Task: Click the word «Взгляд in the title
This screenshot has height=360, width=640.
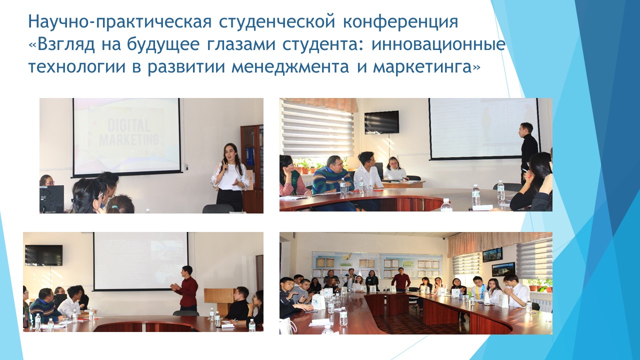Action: point(61,44)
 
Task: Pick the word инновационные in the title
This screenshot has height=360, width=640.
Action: point(438,44)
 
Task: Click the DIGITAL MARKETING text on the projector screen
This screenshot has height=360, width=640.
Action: point(128,133)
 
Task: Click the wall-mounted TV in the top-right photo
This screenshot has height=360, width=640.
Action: point(381,122)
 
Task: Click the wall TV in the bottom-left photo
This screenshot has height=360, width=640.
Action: point(43,255)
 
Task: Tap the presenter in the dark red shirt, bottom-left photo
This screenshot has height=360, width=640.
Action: point(186,288)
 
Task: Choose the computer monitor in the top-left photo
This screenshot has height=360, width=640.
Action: point(51,199)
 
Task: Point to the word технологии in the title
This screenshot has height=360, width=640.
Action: point(77,67)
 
